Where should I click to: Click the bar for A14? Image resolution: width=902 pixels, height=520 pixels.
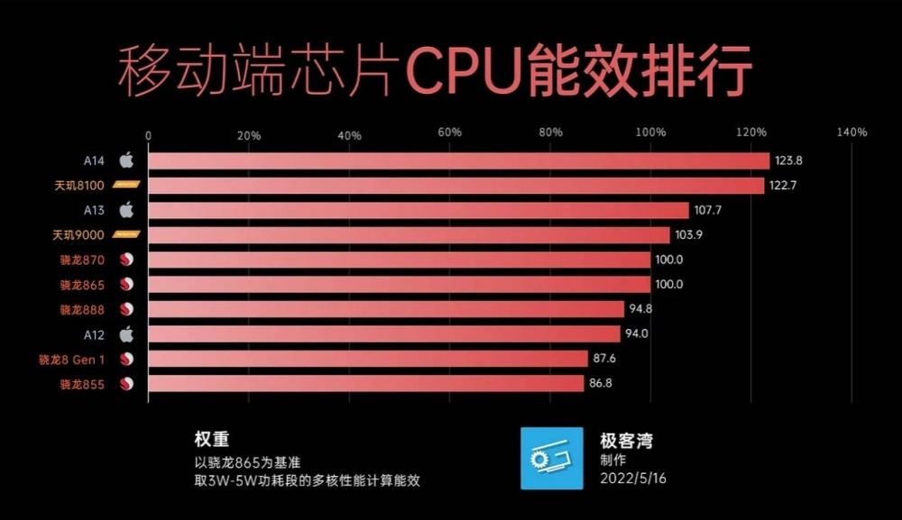(x=457, y=161)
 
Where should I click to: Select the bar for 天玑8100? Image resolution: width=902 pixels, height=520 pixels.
(x=455, y=186)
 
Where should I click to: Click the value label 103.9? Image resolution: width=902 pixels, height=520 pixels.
(x=687, y=235)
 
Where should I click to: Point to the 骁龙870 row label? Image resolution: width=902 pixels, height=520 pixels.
(x=83, y=260)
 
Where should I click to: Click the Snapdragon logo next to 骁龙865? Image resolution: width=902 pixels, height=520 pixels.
(x=126, y=285)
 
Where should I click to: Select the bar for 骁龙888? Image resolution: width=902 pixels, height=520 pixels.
(x=385, y=309)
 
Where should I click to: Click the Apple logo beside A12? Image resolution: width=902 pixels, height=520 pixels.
(x=126, y=333)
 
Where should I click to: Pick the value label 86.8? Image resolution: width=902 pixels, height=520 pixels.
(x=601, y=384)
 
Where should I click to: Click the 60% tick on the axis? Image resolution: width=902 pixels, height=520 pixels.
(x=449, y=132)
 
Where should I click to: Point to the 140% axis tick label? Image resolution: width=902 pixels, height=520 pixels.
(x=851, y=132)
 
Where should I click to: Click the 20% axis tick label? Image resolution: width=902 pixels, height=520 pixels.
(x=248, y=135)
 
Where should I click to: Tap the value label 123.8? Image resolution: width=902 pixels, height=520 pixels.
(x=788, y=161)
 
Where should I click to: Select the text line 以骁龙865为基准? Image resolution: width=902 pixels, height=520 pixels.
(x=248, y=461)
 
